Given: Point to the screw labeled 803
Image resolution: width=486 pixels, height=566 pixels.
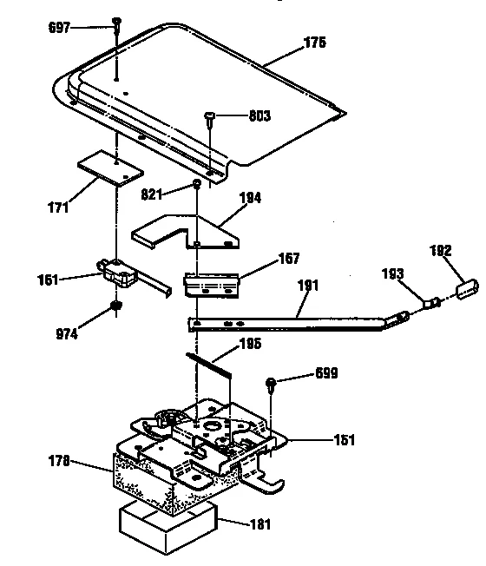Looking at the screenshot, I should click(x=209, y=117).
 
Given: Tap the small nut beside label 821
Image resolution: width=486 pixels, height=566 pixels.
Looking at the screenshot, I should click(x=198, y=185).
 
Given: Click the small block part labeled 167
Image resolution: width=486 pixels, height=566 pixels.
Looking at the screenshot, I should click(x=211, y=282).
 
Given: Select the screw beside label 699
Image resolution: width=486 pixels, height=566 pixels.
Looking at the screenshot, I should click(x=273, y=384).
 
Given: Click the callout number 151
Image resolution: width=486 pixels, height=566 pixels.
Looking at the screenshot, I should click(x=343, y=441).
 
